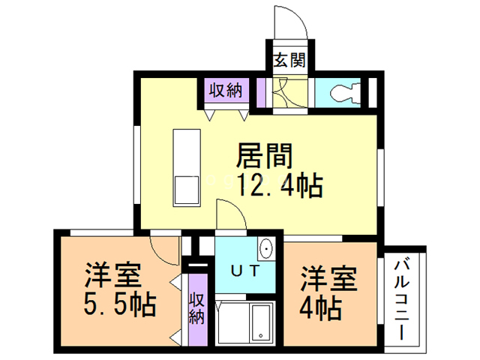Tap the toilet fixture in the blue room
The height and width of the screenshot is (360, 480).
345,93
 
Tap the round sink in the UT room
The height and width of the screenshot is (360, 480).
267,247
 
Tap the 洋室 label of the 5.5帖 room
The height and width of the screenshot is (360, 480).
112,274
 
